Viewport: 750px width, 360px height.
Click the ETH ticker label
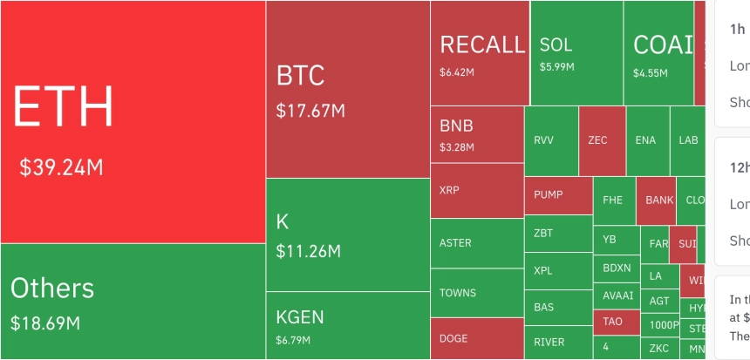63,108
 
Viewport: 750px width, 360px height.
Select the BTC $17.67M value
310,112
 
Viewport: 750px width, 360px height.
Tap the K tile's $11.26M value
308,252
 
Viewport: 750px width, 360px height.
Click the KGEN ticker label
300,316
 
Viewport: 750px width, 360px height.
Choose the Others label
52,288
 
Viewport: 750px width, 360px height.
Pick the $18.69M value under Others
45,323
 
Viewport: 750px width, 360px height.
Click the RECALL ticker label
482,45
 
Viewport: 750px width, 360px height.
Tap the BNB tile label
457,126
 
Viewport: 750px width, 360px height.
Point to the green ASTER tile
476,243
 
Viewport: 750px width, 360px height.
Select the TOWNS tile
476,293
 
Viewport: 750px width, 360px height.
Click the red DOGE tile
476,338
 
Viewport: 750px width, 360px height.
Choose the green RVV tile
550,140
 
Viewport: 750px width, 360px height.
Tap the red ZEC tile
602,140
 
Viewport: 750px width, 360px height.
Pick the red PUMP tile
557,194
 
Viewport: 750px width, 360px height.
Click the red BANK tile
659,200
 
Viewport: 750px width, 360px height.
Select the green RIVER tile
557,342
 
